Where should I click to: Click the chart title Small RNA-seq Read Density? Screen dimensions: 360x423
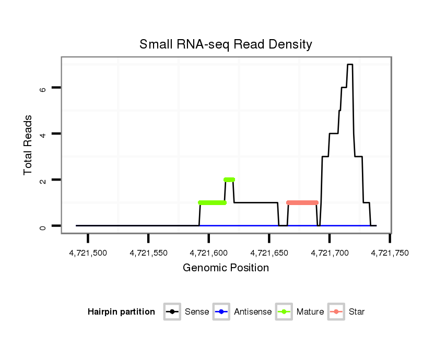(226, 44)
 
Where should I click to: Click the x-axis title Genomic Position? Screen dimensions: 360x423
(226, 268)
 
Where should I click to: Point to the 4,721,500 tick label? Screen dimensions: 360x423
(88, 253)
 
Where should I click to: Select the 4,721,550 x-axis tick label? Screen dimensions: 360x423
(149, 253)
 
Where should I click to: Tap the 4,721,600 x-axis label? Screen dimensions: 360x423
(209, 253)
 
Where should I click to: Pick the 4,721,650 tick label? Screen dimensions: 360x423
(269, 253)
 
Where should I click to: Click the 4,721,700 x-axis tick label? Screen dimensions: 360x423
(330, 253)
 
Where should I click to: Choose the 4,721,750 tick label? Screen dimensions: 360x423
(390, 253)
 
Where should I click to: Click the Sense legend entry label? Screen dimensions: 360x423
(197, 312)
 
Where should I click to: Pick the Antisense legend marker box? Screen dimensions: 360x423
(221, 312)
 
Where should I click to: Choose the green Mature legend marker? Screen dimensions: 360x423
(284, 312)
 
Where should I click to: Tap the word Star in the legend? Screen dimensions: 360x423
(357, 312)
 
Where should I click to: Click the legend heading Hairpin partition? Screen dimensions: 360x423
(122, 312)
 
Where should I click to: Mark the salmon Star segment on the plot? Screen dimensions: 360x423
(302, 202)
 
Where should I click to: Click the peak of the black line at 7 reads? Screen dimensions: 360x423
(350, 65)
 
